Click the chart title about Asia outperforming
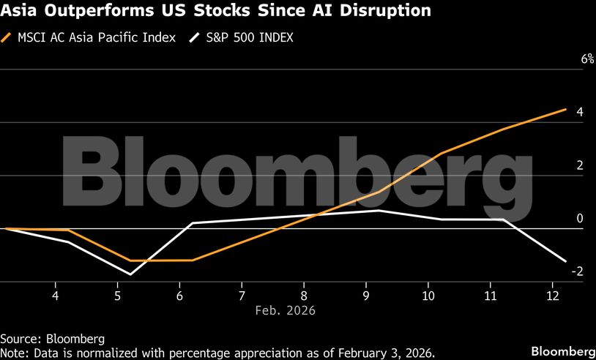click(215, 12)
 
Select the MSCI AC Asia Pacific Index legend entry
click(96, 37)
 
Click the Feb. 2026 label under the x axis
click(285, 310)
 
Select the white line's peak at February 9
click(379, 210)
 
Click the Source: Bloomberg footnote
click(52, 339)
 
